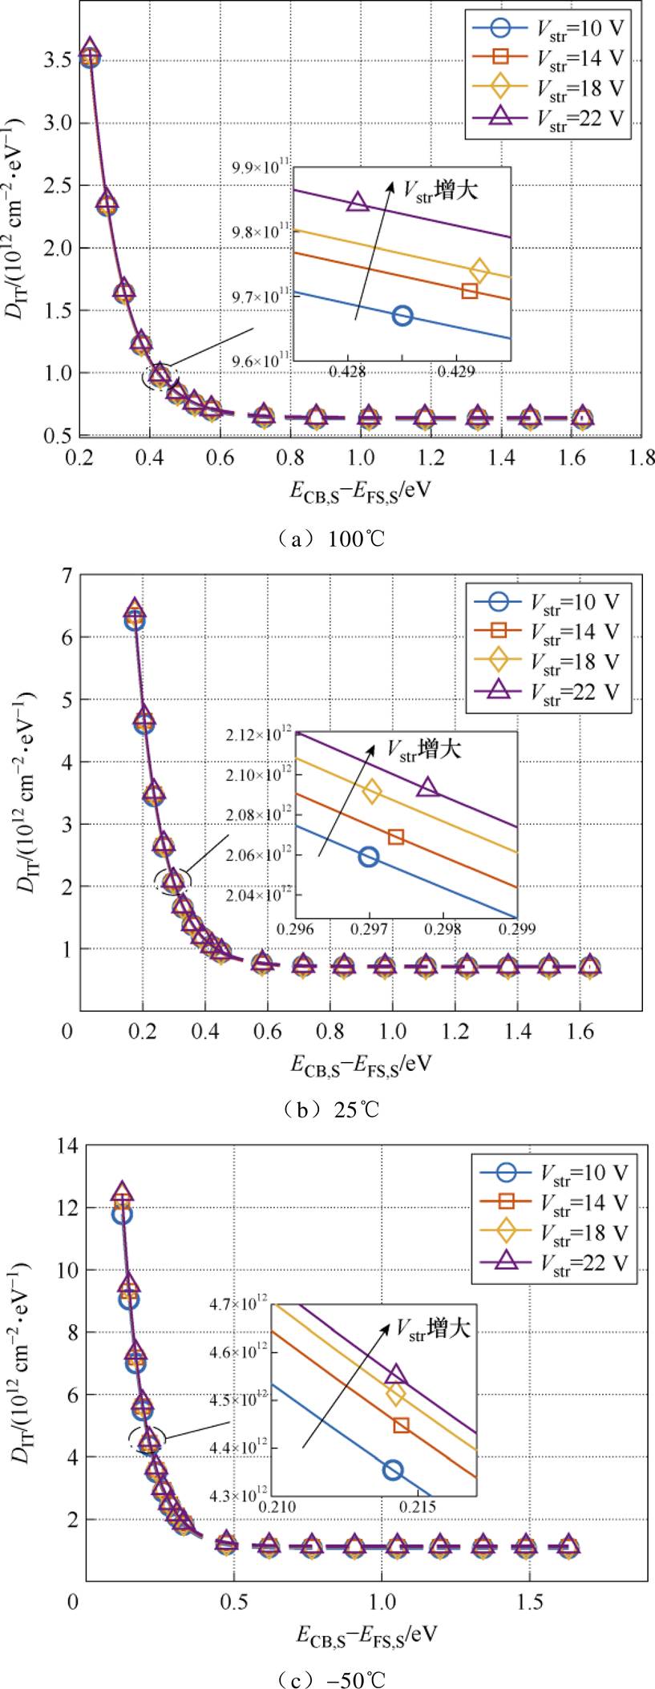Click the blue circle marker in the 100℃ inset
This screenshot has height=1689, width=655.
point(402,315)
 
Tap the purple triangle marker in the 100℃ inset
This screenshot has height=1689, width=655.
point(358,201)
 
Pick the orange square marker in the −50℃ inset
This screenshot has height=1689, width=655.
point(402,1424)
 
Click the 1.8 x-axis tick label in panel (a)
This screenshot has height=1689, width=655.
point(642,457)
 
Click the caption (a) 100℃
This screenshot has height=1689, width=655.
point(327,539)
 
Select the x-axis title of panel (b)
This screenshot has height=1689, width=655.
point(361,1064)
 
